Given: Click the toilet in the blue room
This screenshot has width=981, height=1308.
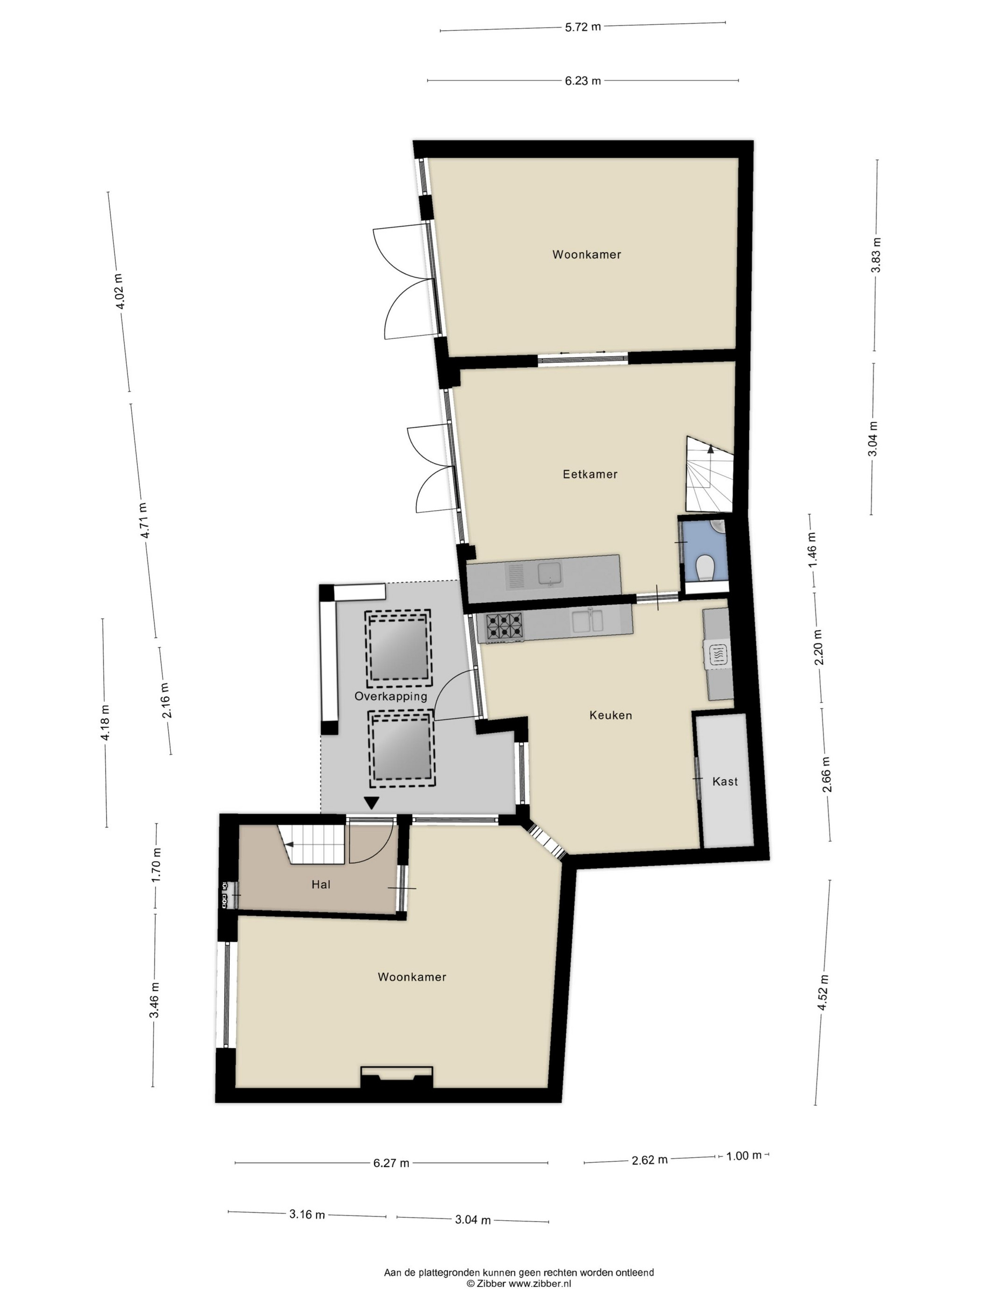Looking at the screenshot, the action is pyautogui.click(x=705, y=567).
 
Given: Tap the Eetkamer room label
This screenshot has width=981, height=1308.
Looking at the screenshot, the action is pyautogui.click(x=590, y=474).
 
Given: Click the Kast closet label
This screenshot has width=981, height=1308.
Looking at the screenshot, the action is pyautogui.click(x=725, y=781).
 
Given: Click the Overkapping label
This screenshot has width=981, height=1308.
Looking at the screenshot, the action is pyautogui.click(x=390, y=696).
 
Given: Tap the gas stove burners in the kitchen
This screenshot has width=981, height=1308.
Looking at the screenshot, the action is pyautogui.click(x=504, y=626).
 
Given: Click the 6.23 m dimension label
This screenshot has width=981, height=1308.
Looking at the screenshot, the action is pyautogui.click(x=583, y=80).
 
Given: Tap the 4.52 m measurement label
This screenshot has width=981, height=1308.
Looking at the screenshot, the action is pyautogui.click(x=824, y=994).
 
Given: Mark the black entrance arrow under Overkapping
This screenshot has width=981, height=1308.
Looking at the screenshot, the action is pyautogui.click(x=371, y=803).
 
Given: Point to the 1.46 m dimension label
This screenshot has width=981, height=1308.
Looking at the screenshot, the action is pyautogui.click(x=811, y=550).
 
